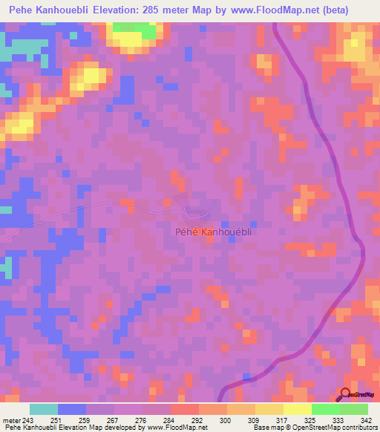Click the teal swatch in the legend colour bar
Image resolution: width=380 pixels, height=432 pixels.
coord(44,409)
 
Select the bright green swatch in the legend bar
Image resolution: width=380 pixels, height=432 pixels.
coord(325,409)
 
